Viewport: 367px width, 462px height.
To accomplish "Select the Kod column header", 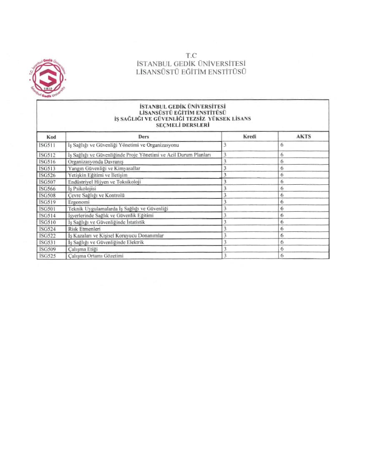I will (51, 137).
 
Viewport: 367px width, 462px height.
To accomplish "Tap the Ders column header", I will (143, 137).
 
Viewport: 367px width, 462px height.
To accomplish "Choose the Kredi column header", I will (249, 137).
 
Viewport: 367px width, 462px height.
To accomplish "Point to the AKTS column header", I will (303, 137).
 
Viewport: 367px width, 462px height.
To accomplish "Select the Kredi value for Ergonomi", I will (225, 202).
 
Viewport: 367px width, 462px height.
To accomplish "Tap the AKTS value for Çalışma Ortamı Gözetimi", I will (282, 256).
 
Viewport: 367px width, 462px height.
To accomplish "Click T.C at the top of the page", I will (191, 55).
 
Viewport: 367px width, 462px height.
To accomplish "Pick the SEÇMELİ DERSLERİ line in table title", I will (182, 125).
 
